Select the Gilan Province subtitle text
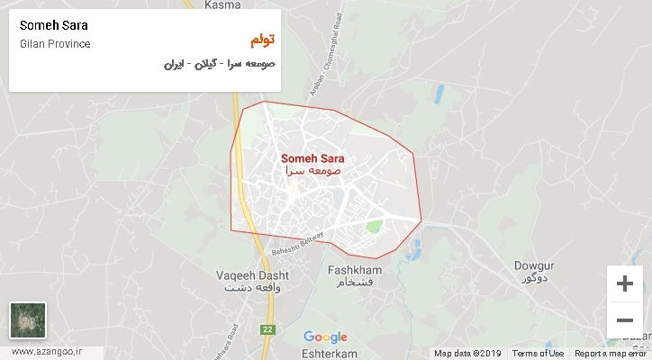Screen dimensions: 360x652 tap(54, 44)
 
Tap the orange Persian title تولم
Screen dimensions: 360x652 tap(260, 41)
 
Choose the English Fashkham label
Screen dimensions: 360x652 tap(352, 270)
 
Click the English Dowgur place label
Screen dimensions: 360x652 tap(535, 265)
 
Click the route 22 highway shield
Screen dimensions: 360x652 tap(267, 329)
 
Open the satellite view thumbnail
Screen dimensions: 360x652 tap(27, 320)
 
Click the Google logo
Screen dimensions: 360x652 tap(325, 337)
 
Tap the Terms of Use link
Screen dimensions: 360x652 tap(539, 354)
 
